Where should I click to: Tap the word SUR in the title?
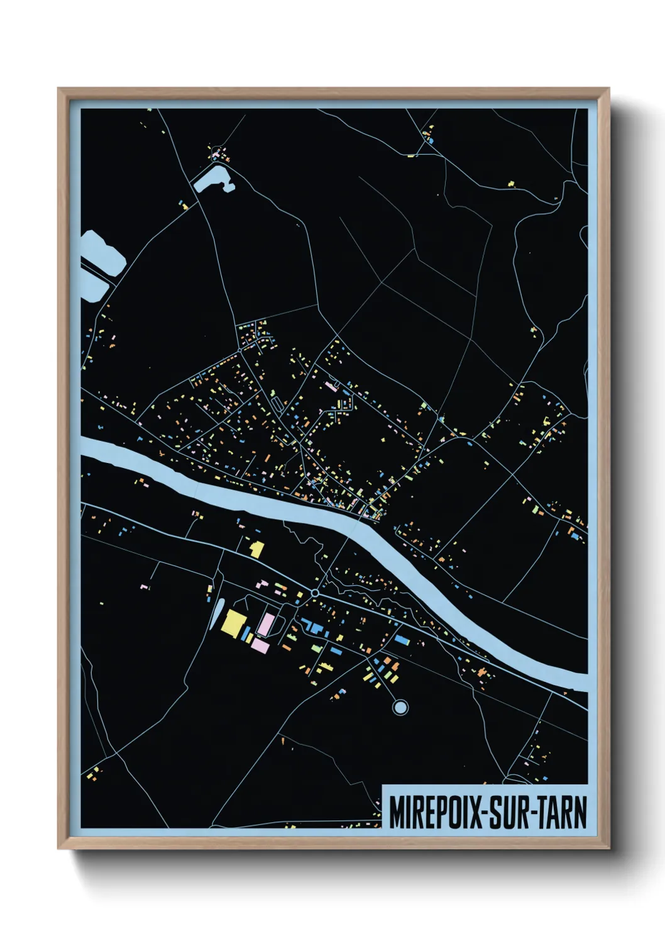[508, 812]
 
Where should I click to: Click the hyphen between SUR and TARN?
[532, 813]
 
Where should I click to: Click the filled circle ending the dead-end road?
[400, 708]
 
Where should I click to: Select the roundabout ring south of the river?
[315, 593]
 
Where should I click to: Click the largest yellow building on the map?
[233, 623]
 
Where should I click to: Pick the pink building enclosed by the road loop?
[267, 624]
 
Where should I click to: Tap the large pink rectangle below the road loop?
[260, 645]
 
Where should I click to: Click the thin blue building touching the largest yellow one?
[248, 632]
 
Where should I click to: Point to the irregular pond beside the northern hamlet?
[211, 178]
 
